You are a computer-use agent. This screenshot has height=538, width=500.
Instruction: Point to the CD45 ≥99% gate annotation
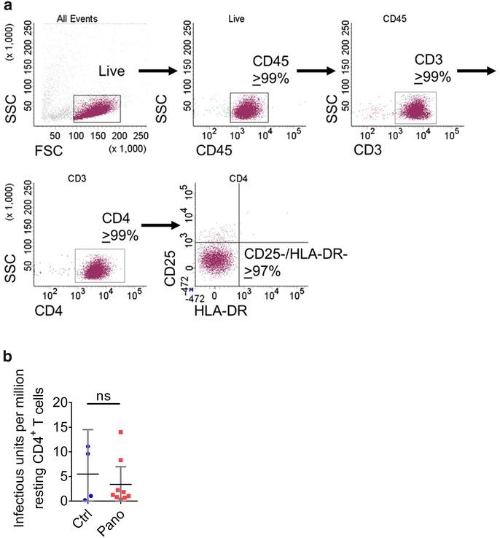coord(271,71)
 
